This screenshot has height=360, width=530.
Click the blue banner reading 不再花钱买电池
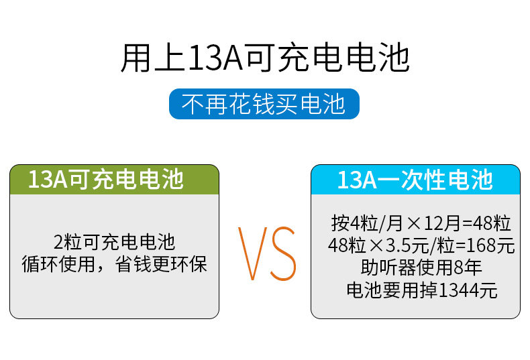[264, 104]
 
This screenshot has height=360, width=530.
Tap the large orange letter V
[253, 253]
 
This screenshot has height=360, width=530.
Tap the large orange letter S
[283, 253]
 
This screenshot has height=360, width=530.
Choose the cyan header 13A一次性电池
[415, 180]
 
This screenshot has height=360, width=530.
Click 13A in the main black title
[215, 58]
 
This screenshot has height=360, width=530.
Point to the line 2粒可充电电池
[114, 242]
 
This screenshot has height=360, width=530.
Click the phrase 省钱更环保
[161, 263]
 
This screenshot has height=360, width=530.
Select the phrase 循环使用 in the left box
[58, 263]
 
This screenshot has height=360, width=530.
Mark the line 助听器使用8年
[421, 267]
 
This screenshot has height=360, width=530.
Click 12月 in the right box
[442, 223]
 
